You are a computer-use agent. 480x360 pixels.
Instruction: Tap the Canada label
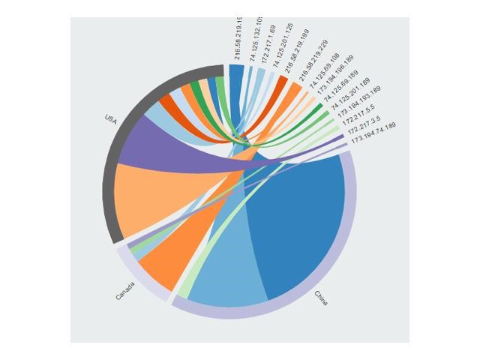tap(126, 291)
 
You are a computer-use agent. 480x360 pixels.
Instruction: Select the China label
tap(320, 298)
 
